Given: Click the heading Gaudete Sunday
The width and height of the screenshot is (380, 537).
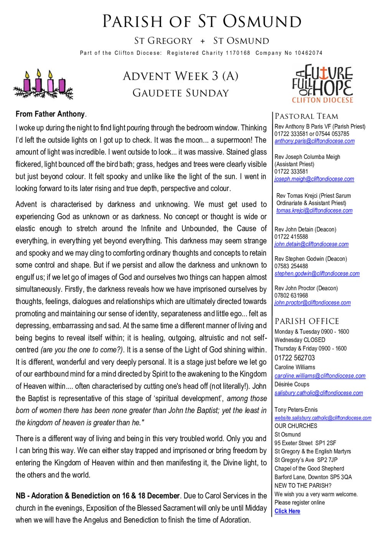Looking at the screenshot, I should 180,93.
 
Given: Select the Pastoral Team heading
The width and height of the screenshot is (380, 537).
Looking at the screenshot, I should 306,116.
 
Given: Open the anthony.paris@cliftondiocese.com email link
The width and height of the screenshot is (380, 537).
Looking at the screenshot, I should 314,141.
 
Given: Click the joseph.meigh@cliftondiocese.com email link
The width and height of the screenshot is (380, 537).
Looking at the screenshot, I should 314,179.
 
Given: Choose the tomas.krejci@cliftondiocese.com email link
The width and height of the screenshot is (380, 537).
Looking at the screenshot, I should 314,211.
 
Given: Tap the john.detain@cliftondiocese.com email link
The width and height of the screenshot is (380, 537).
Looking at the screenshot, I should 311,244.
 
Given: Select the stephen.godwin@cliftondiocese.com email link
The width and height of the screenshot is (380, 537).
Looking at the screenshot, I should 317,274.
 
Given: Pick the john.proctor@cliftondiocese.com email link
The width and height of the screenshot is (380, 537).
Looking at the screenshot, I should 312,303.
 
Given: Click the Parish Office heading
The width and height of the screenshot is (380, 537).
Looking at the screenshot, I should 307,321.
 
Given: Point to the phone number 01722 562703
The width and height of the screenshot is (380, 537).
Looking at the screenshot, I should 294,358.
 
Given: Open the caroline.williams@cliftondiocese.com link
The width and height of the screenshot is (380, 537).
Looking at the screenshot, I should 320,376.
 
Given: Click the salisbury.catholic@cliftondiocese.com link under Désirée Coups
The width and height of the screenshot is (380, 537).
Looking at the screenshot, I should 319,393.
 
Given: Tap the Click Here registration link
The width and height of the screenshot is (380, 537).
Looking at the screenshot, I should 287,511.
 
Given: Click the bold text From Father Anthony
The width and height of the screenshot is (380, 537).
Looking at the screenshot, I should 50,114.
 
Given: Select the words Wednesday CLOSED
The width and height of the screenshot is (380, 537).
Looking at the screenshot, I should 299,340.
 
